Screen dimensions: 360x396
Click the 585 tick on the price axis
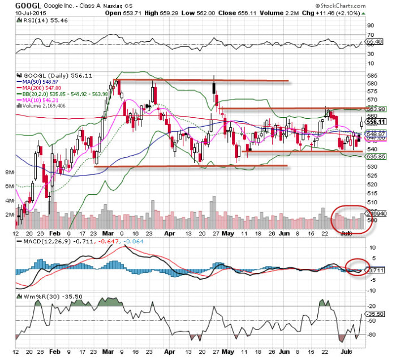tap(371, 75)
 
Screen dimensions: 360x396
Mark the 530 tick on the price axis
tap(371, 166)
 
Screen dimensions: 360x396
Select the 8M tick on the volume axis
tap(9, 172)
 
